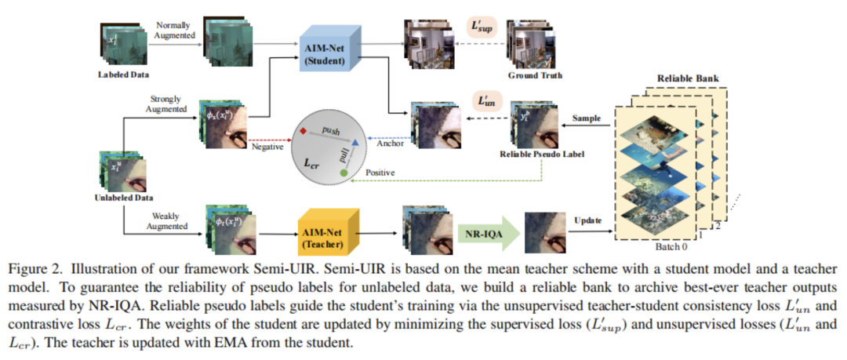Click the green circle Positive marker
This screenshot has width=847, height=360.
tap(344, 170)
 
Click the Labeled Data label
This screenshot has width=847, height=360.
tap(122, 75)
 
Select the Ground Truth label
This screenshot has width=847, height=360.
tap(535, 76)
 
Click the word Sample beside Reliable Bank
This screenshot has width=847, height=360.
tap(586, 118)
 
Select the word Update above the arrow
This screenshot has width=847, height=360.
tap(588, 220)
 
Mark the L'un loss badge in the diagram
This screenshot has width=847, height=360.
tap(483, 101)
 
